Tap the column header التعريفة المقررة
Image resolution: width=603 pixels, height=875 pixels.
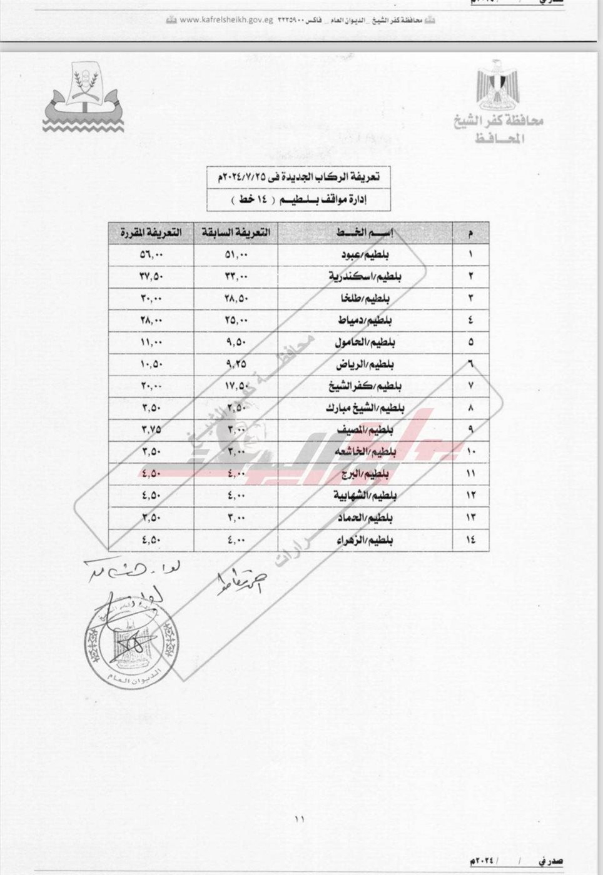tap(151, 232)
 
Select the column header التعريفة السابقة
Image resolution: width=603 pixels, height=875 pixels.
tap(236, 232)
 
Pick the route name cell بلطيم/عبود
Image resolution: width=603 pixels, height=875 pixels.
tap(365, 254)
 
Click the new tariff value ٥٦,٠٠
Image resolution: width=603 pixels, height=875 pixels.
tap(151, 254)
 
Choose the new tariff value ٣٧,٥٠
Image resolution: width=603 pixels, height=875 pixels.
tap(151, 276)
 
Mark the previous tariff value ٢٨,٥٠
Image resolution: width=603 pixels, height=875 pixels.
tap(236, 298)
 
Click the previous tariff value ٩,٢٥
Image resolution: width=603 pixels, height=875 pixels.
tap(236, 364)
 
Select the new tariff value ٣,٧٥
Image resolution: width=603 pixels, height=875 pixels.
tap(151, 429)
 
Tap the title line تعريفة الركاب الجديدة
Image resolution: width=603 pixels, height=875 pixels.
tap(301, 177)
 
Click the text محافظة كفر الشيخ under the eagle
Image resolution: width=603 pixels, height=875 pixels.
tap(499, 121)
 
